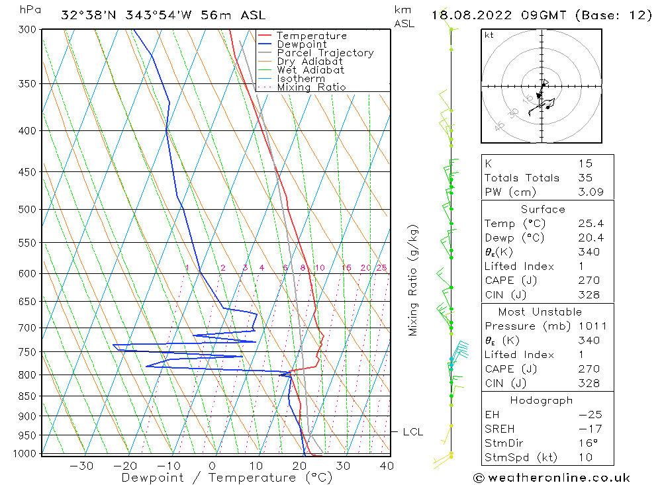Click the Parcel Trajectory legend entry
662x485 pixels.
pos(324,53)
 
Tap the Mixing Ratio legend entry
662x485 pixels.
pos(310,87)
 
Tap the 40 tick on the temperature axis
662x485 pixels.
pos(387,466)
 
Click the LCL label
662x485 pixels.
pos(412,432)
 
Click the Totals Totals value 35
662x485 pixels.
pos(584,178)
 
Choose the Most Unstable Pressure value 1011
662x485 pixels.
pos(588,326)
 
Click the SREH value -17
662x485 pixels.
pos(587,429)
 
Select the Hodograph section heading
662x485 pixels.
pos(542,400)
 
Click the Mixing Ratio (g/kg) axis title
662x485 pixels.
pos(413,280)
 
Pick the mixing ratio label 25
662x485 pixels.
pos(381,268)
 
